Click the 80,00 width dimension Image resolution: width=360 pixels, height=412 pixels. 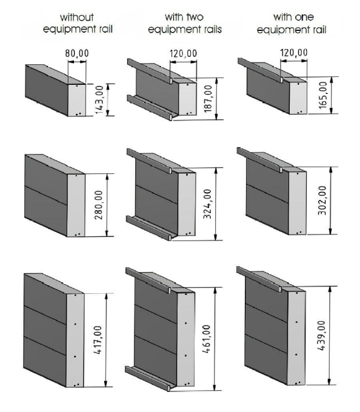77,53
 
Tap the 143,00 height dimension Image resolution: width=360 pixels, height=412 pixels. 99,100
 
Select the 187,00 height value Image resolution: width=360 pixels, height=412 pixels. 208,99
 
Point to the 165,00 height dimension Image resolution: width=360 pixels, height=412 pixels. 322,95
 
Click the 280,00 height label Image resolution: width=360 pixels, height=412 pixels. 99,205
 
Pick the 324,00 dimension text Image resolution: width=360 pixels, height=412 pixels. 207,204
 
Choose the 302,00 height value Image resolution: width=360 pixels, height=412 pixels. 322,201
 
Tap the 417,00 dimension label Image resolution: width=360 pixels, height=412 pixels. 98,340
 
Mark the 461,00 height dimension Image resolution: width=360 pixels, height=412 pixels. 206,339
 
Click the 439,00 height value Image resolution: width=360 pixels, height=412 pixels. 321,336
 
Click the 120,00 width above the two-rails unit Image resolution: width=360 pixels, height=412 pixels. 183,53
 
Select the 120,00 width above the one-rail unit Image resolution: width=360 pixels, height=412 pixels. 294,53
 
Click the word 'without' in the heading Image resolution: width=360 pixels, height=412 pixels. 77,18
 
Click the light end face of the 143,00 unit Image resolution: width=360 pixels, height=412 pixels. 77,100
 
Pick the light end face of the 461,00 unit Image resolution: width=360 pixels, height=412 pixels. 186,339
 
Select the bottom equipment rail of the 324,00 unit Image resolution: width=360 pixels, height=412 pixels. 150,227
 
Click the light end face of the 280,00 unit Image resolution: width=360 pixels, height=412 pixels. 76,205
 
